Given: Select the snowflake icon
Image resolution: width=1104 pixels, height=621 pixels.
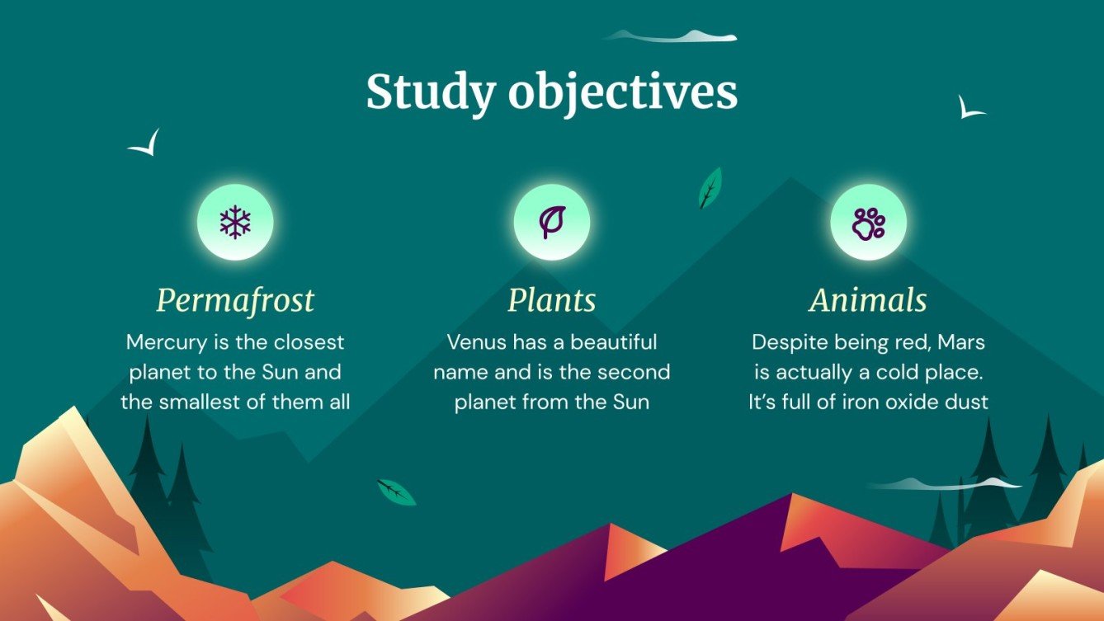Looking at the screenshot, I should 235,222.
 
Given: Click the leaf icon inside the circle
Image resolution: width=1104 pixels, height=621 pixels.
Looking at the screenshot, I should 551,222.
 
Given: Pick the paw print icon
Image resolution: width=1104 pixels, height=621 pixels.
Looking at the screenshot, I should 868,222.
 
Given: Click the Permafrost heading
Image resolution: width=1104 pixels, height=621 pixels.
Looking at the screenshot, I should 235,300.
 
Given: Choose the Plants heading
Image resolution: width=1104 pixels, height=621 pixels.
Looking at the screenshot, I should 551,300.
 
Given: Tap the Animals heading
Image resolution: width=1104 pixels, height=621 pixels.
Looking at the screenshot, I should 868,300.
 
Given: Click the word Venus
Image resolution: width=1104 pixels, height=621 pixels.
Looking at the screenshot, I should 477,341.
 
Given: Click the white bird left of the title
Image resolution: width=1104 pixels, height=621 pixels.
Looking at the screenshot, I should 145,144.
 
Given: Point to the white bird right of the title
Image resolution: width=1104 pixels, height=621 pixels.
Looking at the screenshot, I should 970,108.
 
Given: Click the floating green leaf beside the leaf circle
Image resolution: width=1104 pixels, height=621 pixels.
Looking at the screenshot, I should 710,188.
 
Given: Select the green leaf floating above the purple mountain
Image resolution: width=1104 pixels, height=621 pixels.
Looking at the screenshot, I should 396,492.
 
